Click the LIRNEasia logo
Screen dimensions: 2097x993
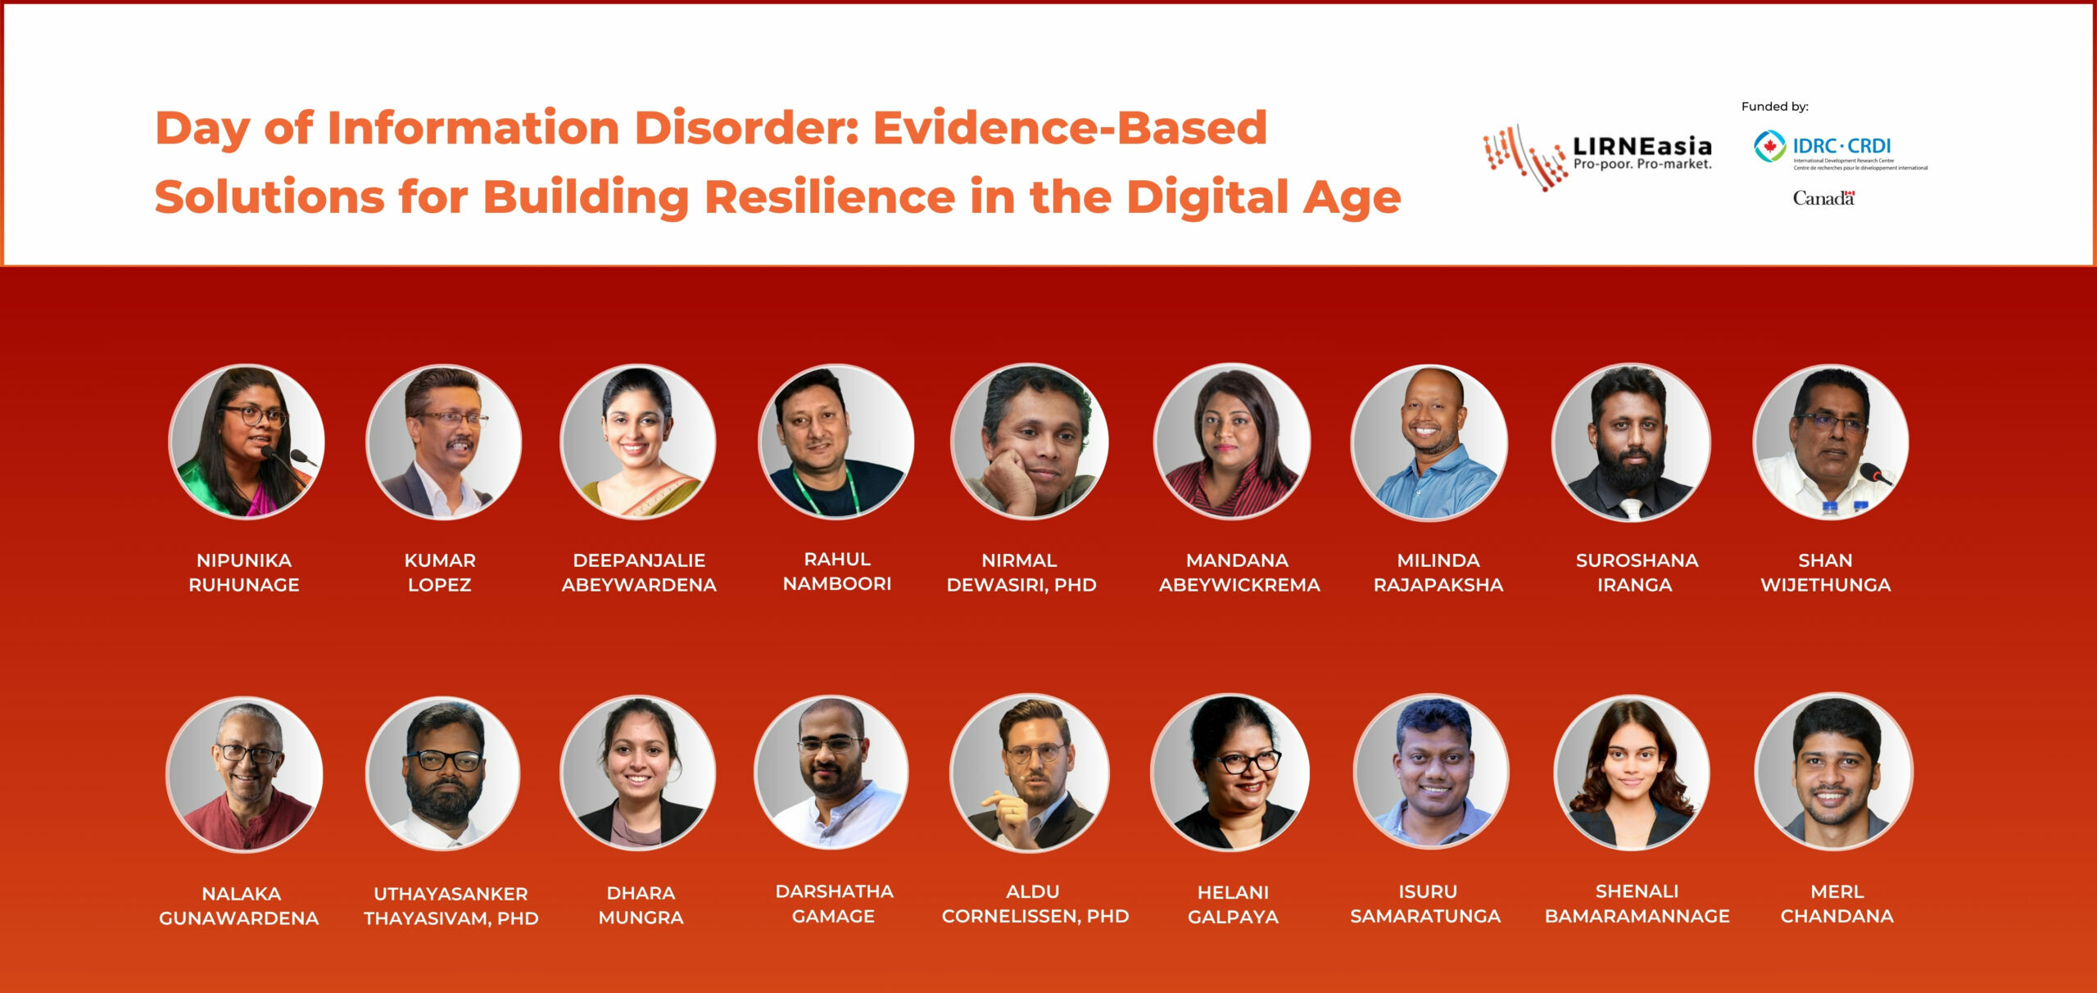[1597, 157]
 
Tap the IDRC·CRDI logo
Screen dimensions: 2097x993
[1840, 150]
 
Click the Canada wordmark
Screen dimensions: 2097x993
[1823, 198]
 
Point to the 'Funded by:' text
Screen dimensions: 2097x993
[1774, 107]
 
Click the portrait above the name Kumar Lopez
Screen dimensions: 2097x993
[443, 442]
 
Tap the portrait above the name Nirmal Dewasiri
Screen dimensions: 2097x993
[1030, 442]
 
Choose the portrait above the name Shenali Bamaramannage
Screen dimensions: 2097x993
[1632, 773]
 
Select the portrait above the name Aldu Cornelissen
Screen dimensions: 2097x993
[1030, 773]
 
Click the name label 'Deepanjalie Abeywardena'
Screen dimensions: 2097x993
[639, 573]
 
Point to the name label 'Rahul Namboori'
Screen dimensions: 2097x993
[837, 571]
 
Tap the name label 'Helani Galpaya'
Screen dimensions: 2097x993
[1233, 905]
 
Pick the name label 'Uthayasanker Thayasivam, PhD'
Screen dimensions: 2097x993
[451, 906]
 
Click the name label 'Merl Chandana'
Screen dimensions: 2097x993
[1837, 904]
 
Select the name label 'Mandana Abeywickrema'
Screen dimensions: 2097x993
[1239, 573]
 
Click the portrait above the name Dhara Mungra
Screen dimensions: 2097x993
[638, 773]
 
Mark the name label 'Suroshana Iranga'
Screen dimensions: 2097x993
[1637, 573]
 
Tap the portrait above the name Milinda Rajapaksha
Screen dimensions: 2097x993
[1429, 442]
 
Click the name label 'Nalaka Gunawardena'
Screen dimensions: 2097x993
[239, 906]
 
